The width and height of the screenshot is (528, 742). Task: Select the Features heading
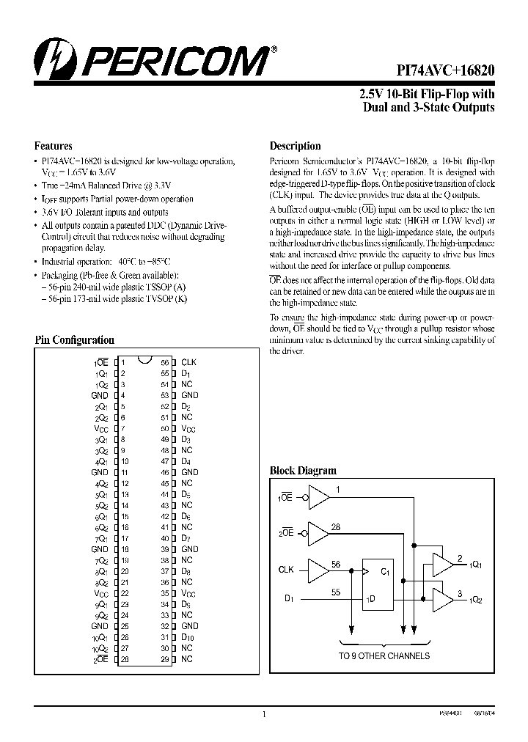[x=54, y=146]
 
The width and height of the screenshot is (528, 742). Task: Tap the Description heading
[x=295, y=146]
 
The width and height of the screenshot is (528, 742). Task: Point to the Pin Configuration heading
[x=75, y=340]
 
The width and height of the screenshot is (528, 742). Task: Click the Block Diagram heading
[x=303, y=471]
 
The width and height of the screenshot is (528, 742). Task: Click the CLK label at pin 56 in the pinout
[x=188, y=362]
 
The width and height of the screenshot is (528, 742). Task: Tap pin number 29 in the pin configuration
[x=165, y=659]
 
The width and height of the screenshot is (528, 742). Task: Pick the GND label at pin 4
[x=99, y=395]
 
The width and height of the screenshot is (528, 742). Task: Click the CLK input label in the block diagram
[x=286, y=569]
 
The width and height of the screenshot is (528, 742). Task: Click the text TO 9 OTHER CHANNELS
[x=384, y=655]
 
